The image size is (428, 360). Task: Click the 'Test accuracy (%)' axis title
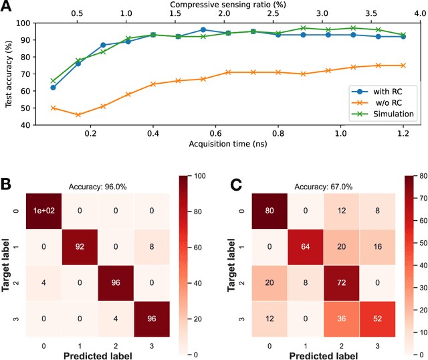(9, 74)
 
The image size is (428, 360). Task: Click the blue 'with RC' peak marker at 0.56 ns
(203, 29)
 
